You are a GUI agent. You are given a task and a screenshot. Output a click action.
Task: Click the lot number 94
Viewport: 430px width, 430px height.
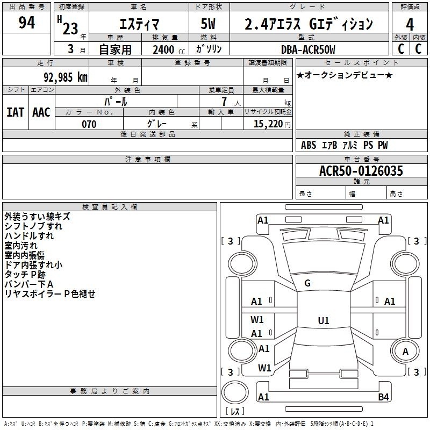tap(26, 23)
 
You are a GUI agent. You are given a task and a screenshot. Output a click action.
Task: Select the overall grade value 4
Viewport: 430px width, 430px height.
tap(410, 25)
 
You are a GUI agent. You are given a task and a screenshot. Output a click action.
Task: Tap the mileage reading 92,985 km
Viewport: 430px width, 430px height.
tap(65, 77)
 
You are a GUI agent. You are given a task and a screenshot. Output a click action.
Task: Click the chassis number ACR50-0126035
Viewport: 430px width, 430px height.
tap(361, 170)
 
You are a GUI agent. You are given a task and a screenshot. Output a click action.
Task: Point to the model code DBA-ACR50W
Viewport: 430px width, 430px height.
tap(308, 49)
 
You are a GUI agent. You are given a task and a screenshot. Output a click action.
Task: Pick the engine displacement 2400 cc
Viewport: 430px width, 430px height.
tap(169, 49)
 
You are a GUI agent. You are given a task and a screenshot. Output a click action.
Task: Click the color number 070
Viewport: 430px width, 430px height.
tap(89, 124)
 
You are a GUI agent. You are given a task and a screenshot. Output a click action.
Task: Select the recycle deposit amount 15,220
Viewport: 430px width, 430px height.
tap(268, 124)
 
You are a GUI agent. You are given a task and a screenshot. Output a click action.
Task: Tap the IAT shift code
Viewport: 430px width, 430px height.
tap(15, 112)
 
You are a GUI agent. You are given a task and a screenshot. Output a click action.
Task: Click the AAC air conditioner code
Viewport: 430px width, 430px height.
tap(41, 112)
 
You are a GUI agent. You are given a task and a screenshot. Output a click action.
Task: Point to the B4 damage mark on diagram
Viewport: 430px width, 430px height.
tap(383, 397)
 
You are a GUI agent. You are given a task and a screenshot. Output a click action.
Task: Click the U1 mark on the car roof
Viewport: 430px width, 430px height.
tap(324, 320)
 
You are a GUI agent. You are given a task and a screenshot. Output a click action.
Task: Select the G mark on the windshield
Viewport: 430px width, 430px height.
tap(307, 283)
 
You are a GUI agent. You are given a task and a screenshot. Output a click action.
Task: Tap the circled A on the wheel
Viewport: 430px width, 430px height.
tap(405, 351)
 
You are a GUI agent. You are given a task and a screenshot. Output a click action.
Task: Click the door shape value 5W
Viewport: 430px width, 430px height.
tap(208, 24)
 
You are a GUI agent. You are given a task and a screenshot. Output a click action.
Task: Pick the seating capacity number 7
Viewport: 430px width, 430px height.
tap(224, 102)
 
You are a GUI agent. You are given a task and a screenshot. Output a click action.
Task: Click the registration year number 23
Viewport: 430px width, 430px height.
tap(70, 28)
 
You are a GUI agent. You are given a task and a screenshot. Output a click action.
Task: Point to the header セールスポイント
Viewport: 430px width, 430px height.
tap(361, 63)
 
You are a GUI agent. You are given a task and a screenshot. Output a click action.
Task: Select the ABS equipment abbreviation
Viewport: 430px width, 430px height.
tap(309, 145)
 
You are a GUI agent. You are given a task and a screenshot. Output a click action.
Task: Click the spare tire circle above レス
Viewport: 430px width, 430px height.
tap(235, 392)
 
